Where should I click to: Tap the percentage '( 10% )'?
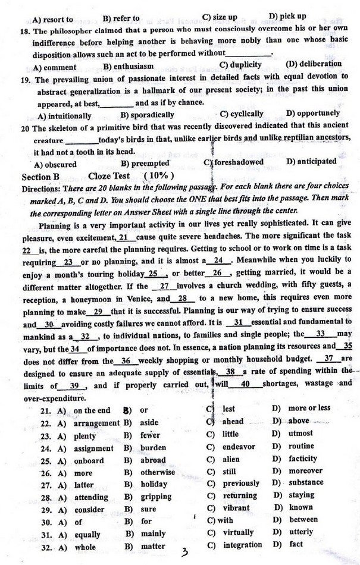(159, 176)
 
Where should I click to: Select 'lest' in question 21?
(229, 409)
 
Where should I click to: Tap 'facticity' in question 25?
(303, 459)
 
